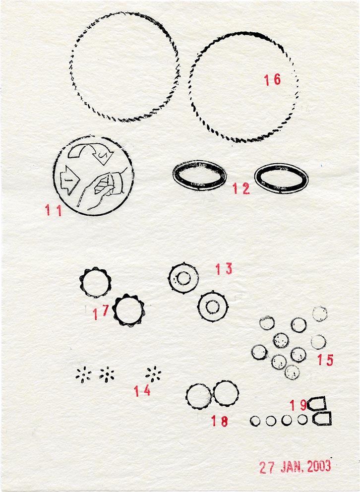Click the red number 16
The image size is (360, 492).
click(x=272, y=80)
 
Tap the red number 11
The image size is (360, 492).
click(x=53, y=210)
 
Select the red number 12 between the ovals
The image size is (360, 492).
click(x=241, y=188)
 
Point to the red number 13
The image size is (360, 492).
click(x=224, y=269)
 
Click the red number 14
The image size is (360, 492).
click(x=142, y=391)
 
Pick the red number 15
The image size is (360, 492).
click(x=325, y=360)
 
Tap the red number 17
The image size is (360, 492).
click(x=101, y=312)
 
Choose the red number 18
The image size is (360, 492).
click(x=220, y=421)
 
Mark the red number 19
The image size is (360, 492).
click(x=298, y=405)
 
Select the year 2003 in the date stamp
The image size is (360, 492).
click(x=319, y=467)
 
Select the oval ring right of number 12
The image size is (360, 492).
click(x=255, y=178)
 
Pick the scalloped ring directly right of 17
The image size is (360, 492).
click(x=113, y=310)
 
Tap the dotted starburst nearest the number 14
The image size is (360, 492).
click(x=154, y=374)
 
